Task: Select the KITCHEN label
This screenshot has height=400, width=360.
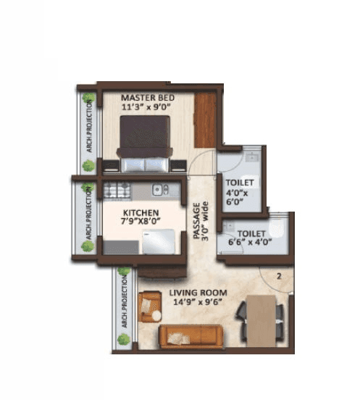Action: point(141,212)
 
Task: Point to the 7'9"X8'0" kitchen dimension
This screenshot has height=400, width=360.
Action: point(141,223)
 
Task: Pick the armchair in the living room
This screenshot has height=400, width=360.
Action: point(151,305)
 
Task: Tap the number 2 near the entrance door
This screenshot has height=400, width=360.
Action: point(279,275)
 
